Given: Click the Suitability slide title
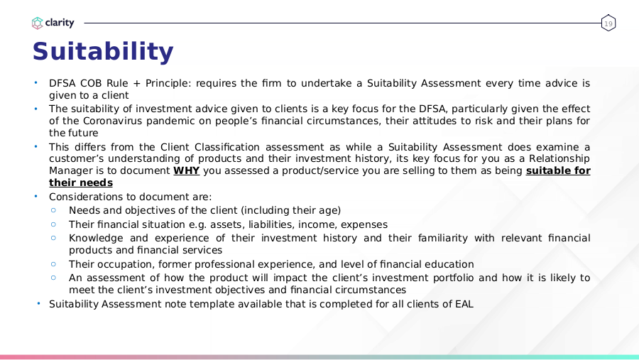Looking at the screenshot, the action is (x=103, y=52).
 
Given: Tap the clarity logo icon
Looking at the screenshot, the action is (x=38, y=23).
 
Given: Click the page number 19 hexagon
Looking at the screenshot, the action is (x=608, y=23).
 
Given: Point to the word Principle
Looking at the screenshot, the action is (x=168, y=83).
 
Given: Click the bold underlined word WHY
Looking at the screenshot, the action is (x=186, y=171).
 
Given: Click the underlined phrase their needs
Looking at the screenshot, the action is (x=81, y=182).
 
